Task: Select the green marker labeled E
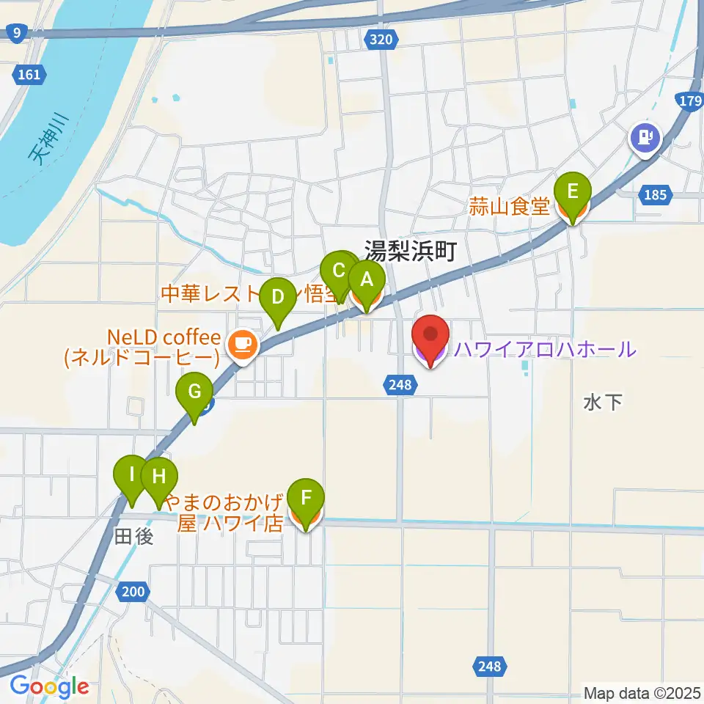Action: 573,193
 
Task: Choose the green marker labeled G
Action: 194,392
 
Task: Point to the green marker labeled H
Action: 159,477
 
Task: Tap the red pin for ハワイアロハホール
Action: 431,337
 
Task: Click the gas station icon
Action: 646,136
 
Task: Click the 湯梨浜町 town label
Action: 411,253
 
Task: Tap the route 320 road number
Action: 381,40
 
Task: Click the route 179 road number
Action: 690,102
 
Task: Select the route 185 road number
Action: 655,195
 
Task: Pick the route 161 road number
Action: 30,74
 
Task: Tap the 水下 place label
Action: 603,402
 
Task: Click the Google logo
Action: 49,686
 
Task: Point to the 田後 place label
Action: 134,537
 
